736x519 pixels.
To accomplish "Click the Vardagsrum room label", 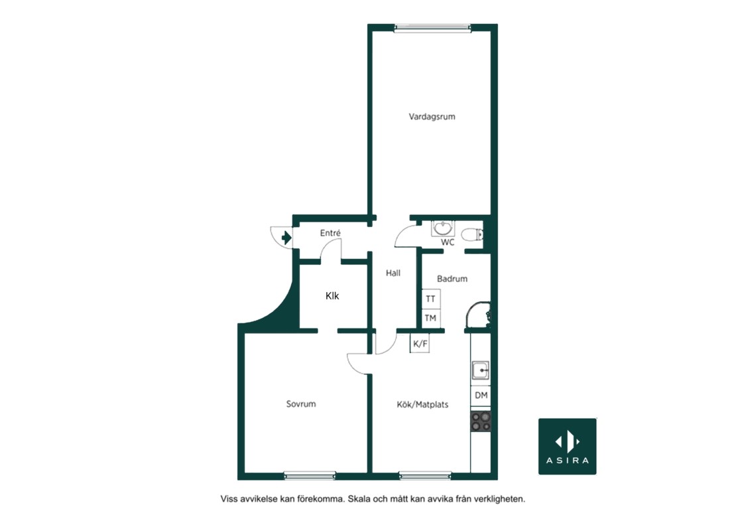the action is [432, 117].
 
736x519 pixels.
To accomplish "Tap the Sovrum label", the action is [301, 404].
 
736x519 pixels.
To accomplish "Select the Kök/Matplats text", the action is [422, 404].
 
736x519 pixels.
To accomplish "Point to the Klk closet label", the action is [332, 296].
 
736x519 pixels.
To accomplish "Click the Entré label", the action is [330, 232].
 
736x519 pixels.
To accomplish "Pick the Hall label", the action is [393, 273].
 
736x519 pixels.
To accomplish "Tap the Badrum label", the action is [452, 279].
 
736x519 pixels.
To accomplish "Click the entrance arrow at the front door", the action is [286, 238].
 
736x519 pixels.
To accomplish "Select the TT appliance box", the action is [431, 299].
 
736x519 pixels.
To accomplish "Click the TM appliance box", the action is [431, 318].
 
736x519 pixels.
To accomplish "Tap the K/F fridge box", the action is [420, 344].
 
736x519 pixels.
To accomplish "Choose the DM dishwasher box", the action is [481, 396].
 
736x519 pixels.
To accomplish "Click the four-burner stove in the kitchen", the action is [481, 421].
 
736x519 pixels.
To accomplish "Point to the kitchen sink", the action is [481, 370].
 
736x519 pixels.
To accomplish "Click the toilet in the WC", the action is [472, 234].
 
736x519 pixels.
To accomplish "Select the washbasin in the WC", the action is [443, 228].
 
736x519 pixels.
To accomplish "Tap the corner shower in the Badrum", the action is [478, 315].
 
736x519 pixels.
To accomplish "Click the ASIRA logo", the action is [567, 446].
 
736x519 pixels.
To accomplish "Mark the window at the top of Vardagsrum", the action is [432, 28].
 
